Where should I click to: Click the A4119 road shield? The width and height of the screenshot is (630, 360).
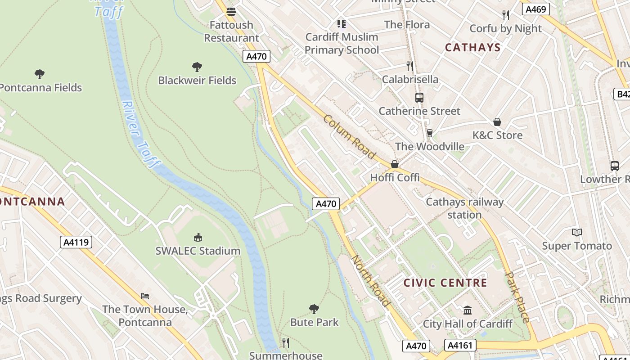pyautogui.click(x=76, y=243)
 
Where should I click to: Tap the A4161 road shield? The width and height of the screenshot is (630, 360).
pyautogui.click(x=460, y=345)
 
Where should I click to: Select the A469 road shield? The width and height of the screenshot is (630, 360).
pyautogui.click(x=535, y=9)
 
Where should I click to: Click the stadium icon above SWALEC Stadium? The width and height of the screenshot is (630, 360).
pyautogui.click(x=198, y=237)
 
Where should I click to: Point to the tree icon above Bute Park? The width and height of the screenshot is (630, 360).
pyautogui.click(x=314, y=309)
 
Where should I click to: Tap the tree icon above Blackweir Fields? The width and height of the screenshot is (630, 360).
pyautogui.click(x=197, y=67)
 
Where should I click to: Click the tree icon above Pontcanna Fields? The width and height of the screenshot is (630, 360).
pyautogui.click(x=40, y=74)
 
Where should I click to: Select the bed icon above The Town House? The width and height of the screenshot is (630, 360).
pyautogui.click(x=145, y=296)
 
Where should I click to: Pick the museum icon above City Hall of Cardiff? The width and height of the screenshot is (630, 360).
pyautogui.click(x=468, y=310)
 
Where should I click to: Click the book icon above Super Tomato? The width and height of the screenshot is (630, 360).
pyautogui.click(x=577, y=232)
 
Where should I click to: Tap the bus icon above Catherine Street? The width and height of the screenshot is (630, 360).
pyautogui.click(x=419, y=97)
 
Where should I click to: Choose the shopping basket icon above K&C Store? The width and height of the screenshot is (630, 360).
pyautogui.click(x=497, y=122)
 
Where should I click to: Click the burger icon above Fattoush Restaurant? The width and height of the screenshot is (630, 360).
pyautogui.click(x=231, y=11)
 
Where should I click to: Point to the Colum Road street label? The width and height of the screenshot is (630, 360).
pyautogui.click(x=349, y=137)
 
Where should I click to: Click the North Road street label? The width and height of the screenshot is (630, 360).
pyautogui.click(x=370, y=281)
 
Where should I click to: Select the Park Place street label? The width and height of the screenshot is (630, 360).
pyautogui.click(x=517, y=297)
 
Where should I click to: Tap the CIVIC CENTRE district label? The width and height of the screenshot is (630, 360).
pyautogui.click(x=445, y=283)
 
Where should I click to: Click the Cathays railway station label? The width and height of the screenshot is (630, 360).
pyautogui.click(x=464, y=208)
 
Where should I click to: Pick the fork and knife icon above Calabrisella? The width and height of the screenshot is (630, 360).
pyautogui.click(x=409, y=66)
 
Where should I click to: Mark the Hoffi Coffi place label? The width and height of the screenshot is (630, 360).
pyautogui.click(x=395, y=178)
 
